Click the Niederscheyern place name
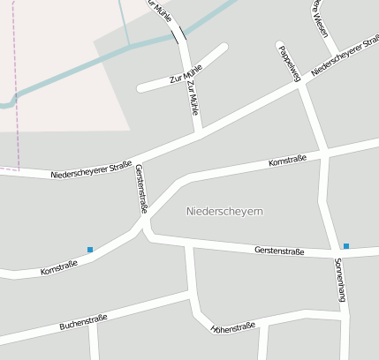click(225, 212)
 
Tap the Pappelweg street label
click(290, 64)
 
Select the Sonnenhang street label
click(339, 281)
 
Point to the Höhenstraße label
click(233, 327)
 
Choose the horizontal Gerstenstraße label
click(278, 251)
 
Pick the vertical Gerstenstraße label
click(140, 187)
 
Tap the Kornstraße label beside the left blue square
click(59, 266)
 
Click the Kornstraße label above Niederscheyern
click(287, 160)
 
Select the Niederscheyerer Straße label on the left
click(91, 169)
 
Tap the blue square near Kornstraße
click(90, 250)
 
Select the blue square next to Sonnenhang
click(346, 246)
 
